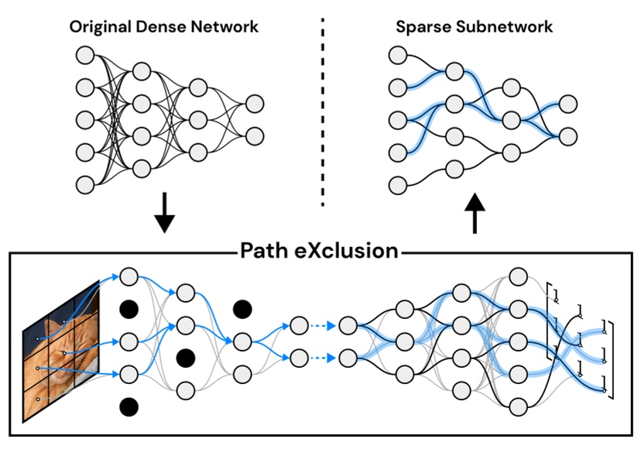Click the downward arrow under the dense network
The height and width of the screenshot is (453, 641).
click(165, 218)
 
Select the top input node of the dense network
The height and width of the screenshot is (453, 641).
click(84, 55)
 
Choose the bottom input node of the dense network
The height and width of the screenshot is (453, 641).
click(84, 184)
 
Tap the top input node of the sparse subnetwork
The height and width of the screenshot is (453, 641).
click(398, 55)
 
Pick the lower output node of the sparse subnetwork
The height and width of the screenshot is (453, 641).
click(567, 136)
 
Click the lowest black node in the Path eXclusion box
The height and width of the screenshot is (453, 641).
click(129, 406)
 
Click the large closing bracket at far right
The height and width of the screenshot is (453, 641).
click(610, 359)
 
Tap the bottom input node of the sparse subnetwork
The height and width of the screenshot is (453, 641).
click(398, 185)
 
